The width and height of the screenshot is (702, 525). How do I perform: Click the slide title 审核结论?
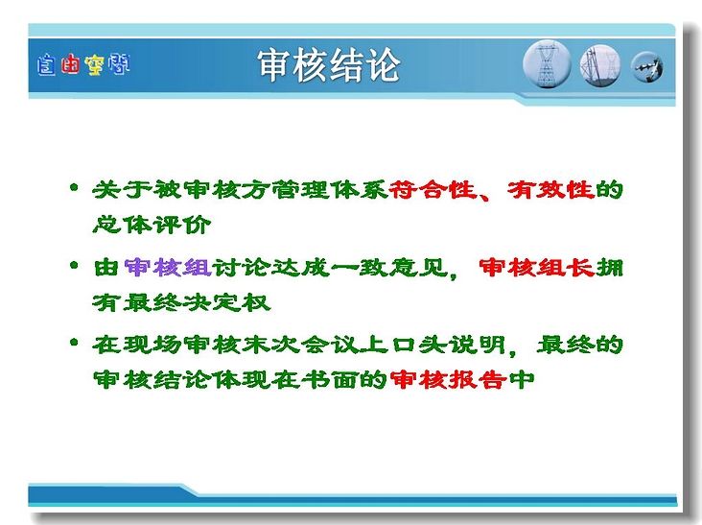coord(328,65)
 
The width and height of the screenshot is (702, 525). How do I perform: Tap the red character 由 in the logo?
coord(70,64)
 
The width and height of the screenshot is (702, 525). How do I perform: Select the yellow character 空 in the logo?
coord(94,65)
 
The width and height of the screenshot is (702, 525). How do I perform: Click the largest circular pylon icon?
coord(547,64)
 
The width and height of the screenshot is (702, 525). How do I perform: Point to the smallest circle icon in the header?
coord(647,67)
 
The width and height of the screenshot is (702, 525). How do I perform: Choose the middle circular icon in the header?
coord(600,65)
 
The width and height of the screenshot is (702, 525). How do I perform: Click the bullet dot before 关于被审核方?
coord(74,187)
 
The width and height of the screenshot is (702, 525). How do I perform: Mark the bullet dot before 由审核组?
coord(74,265)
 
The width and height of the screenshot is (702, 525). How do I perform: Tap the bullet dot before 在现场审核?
coord(74,344)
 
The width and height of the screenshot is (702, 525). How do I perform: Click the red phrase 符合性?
coord(432,189)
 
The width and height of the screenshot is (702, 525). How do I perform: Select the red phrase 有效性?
coord(550,189)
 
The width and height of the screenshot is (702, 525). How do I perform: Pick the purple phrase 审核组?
coord(168,268)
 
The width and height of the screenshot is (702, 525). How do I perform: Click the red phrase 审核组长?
coord(536,268)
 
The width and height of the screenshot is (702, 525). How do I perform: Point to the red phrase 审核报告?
coord(448,380)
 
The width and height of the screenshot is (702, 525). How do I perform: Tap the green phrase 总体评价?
coord(152,225)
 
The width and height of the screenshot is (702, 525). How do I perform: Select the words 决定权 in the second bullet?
coord(226,303)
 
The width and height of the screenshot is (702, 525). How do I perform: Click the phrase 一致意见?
coord(388,268)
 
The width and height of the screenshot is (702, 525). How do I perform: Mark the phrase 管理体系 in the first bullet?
coord(329,189)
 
